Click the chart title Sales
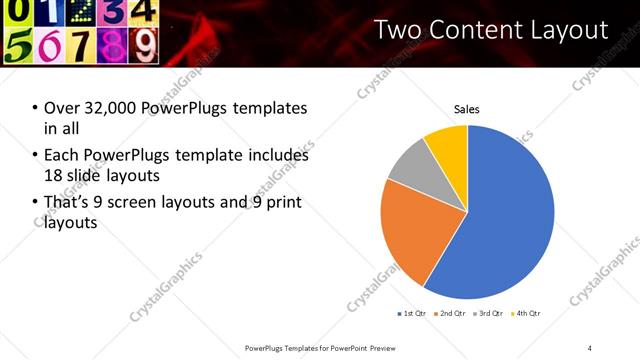[467, 109]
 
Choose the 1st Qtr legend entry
[414, 314]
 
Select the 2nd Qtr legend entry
[453, 314]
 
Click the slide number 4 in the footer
[590, 347]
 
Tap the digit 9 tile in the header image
[146, 46]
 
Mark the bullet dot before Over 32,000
[36, 108]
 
